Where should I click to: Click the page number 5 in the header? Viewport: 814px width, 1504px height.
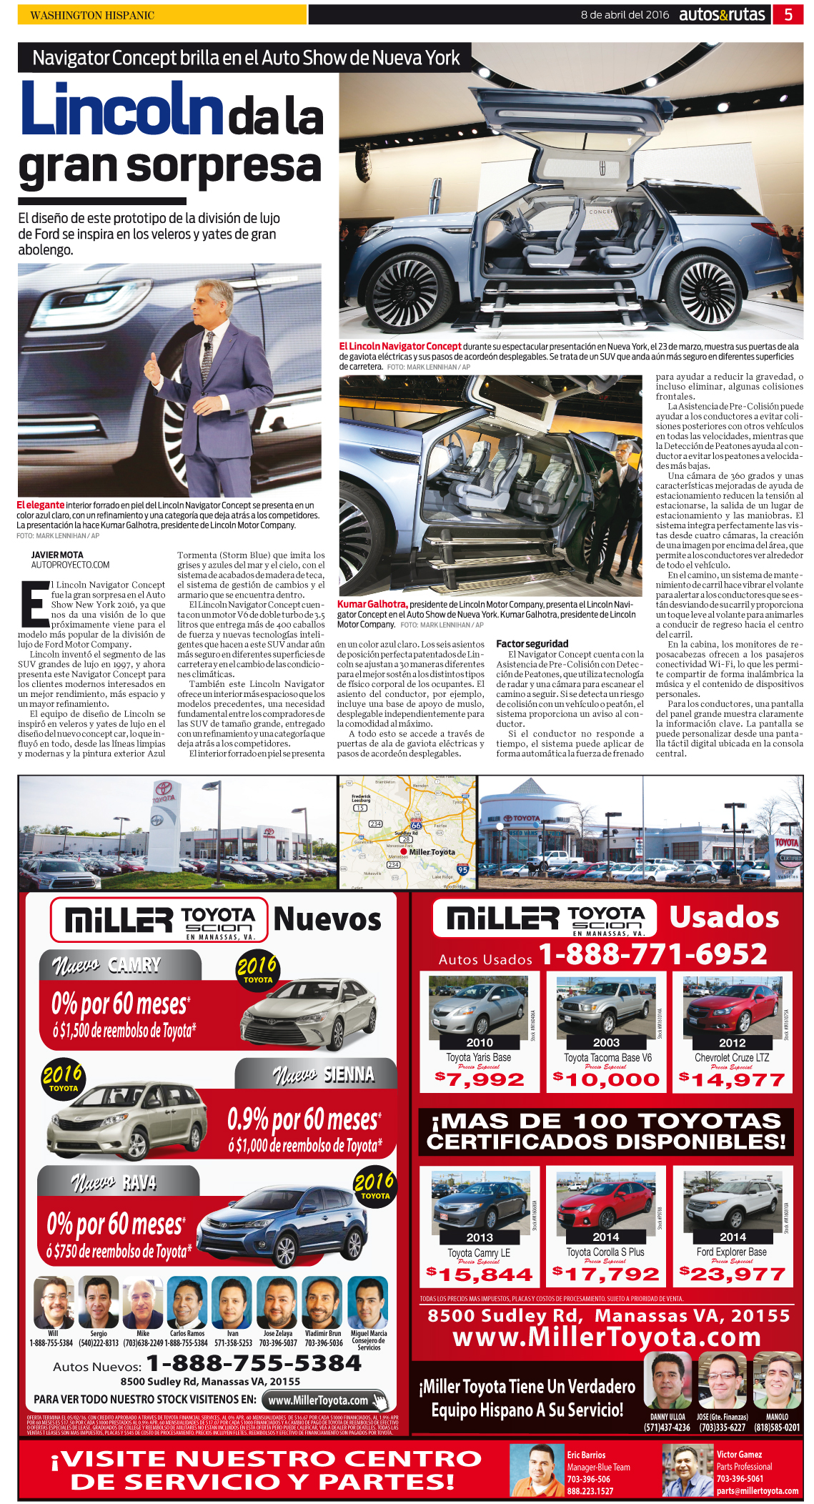(x=788, y=14)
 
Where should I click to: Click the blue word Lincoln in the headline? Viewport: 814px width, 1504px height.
(x=121, y=109)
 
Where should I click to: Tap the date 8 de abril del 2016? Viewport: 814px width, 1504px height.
(x=625, y=14)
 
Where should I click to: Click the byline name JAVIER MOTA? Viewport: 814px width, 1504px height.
(x=57, y=555)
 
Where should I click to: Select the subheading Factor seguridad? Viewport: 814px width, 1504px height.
(x=532, y=643)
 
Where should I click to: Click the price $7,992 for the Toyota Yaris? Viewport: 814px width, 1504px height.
(x=480, y=1079)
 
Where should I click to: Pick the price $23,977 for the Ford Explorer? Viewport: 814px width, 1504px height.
(x=733, y=1274)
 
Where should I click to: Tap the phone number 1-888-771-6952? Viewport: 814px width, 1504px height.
(x=652, y=954)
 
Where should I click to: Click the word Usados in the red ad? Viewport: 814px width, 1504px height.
(x=723, y=917)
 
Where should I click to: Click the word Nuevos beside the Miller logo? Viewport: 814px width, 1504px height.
(x=327, y=919)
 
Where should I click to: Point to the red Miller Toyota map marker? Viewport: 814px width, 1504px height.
(x=404, y=851)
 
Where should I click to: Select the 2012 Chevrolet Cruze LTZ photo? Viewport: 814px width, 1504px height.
(x=733, y=1007)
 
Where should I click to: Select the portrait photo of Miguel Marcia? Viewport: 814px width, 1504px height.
(x=369, y=1302)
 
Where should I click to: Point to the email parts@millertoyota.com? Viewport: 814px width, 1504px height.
(x=757, y=1491)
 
